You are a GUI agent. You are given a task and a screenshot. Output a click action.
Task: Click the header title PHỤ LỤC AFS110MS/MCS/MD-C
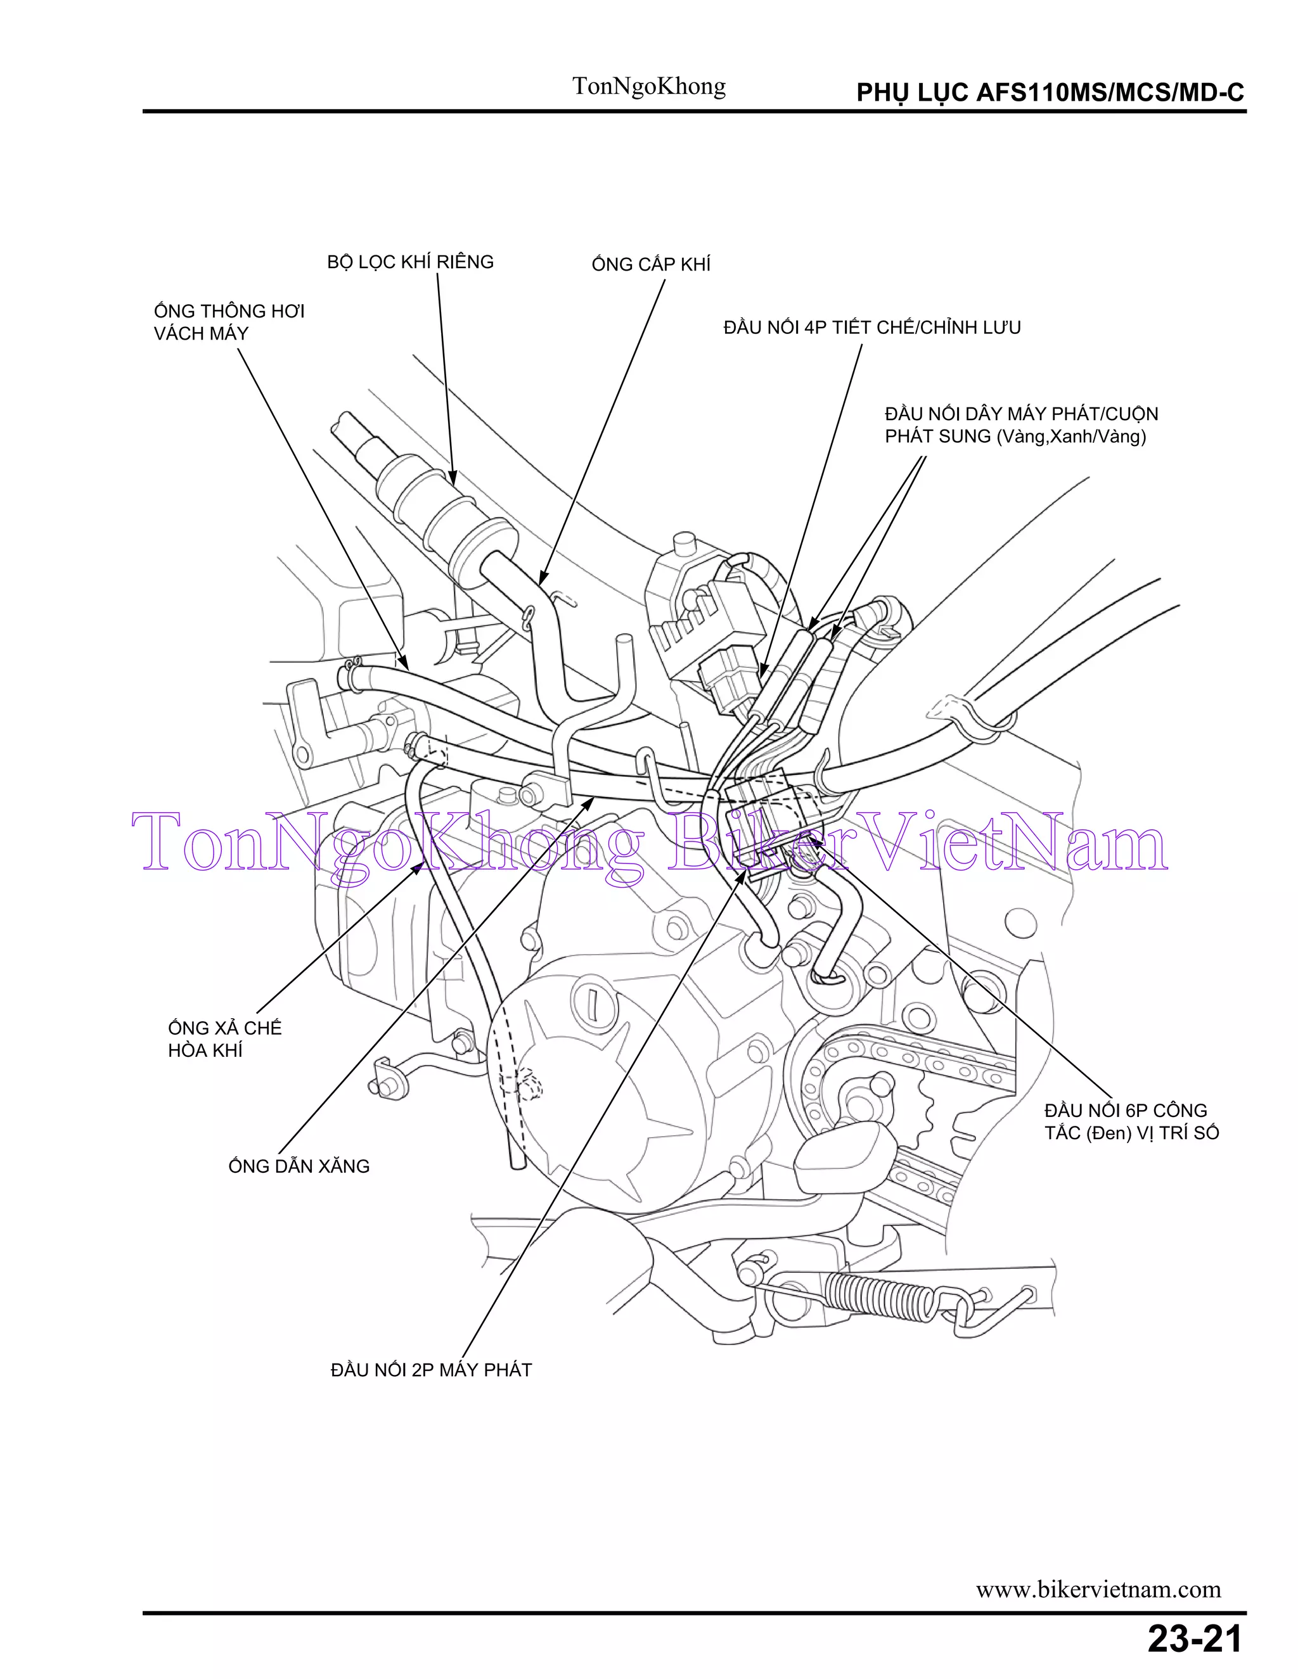[1050, 93]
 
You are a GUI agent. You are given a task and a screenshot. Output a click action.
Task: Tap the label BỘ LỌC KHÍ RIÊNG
[410, 262]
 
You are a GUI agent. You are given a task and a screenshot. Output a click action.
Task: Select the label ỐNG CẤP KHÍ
[650, 264]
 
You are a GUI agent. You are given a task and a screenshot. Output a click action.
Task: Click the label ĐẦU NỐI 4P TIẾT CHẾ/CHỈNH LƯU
[871, 328]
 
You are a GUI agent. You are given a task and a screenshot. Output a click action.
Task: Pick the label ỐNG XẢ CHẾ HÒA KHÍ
[224, 1038]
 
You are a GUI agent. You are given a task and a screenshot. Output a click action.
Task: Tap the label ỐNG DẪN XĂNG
[299, 1166]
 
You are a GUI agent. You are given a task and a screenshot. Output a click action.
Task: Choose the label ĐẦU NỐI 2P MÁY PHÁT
[430, 1370]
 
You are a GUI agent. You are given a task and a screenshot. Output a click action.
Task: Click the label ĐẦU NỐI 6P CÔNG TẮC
[1131, 1121]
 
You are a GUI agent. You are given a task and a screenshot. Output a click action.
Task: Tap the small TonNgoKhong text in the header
[648, 86]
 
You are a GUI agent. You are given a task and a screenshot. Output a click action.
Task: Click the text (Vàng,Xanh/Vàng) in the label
[1070, 437]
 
